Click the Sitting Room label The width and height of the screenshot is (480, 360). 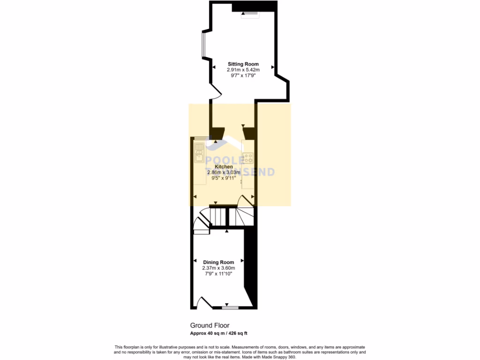click(x=243, y=64)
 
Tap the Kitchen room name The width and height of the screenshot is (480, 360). click(x=224, y=167)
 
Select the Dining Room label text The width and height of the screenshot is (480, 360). click(x=218, y=262)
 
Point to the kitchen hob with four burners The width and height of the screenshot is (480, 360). click(x=247, y=157)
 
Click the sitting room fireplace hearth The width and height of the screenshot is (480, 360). click(x=249, y=14)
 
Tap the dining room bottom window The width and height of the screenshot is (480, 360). click(x=230, y=307)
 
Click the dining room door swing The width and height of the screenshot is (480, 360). click(x=205, y=302)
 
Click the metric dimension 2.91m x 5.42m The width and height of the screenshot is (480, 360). click(x=243, y=70)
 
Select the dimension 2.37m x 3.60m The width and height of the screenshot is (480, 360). click(x=218, y=268)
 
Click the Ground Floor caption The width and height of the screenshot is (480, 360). click(x=210, y=325)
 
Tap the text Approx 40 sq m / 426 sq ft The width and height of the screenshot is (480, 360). click(x=218, y=333)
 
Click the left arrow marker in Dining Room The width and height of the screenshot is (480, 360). click(x=195, y=260)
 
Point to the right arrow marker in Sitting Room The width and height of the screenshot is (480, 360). click(x=272, y=68)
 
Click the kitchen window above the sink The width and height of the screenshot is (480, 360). click(x=202, y=137)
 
